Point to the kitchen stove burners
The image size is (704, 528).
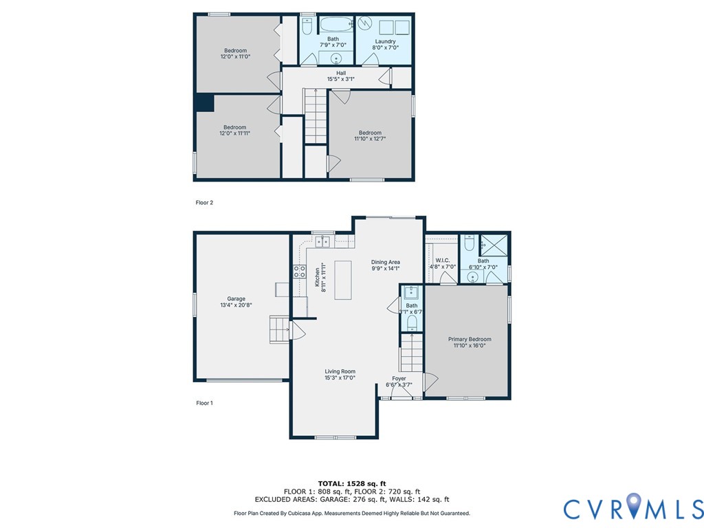pyautogui.click(x=300, y=271)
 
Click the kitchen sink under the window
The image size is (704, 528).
pyautogui.click(x=322, y=242)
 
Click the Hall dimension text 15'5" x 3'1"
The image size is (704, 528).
pyautogui.click(x=341, y=79)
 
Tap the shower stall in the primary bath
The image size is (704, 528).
pyautogui.click(x=492, y=243)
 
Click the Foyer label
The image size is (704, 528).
pyautogui.click(x=399, y=378)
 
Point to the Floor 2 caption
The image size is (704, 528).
pyautogui.click(x=204, y=203)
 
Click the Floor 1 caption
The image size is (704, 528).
pyautogui.click(x=204, y=403)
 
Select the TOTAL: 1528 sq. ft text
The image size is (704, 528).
pyautogui.click(x=351, y=483)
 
